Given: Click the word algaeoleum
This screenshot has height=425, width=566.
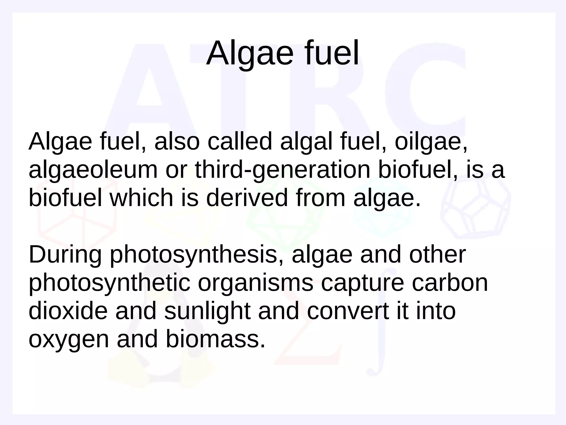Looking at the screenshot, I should tap(93, 170).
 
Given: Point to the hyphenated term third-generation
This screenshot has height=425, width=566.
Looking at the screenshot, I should tap(282, 170).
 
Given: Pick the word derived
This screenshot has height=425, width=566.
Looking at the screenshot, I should tap(247, 198).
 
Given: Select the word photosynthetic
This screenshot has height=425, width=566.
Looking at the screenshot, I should tap(109, 283).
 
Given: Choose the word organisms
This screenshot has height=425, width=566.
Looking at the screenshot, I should tap(255, 283).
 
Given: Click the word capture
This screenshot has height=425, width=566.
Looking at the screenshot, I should tap(362, 283).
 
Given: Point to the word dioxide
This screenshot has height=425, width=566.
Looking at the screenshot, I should tap(68, 311).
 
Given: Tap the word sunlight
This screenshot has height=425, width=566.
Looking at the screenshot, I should tap(207, 311).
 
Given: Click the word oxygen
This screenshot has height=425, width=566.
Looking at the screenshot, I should tap(69, 340).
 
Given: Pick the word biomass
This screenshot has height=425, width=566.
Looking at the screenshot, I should tap(216, 340).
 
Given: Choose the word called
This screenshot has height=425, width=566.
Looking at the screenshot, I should tap(240, 142).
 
